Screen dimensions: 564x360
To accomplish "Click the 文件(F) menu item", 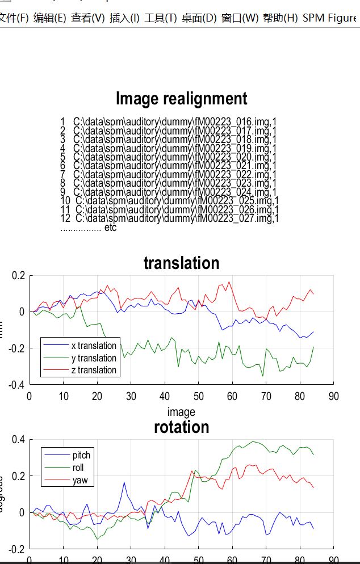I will pos(14,18).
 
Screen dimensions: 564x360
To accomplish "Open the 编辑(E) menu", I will pos(49,18).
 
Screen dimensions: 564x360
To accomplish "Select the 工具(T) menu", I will pos(161,18).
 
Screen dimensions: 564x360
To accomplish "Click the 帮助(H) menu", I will pos(280,18).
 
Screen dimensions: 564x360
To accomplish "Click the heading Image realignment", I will pos(181,99).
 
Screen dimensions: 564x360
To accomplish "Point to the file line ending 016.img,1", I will pos(169,122).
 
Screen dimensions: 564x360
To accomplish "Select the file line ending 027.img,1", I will pos(170,218).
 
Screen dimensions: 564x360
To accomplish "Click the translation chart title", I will pos(181,263).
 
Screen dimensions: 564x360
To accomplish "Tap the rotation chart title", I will pos(181,427).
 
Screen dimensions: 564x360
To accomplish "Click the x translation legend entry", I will pos(93,346).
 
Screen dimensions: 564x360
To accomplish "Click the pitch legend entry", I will pos(81,455).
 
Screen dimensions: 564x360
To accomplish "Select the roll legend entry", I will pos(78,468).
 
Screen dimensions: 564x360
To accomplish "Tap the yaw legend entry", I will pos(79,481).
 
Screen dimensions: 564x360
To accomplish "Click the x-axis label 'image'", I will pos(181,412).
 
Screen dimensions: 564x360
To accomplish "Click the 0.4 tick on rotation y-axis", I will pos(18,440).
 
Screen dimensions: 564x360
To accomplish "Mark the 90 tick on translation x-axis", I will pos(334,396).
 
